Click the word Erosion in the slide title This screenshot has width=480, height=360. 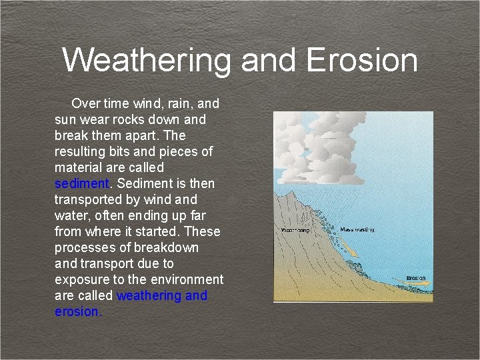(362, 60)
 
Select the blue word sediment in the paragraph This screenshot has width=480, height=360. (81, 183)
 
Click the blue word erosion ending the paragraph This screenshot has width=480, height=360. (77, 311)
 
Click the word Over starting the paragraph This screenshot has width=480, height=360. (86, 103)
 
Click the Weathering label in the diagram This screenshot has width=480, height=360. (295, 231)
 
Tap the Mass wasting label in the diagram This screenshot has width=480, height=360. (357, 229)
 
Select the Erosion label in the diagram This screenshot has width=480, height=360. (416, 278)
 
